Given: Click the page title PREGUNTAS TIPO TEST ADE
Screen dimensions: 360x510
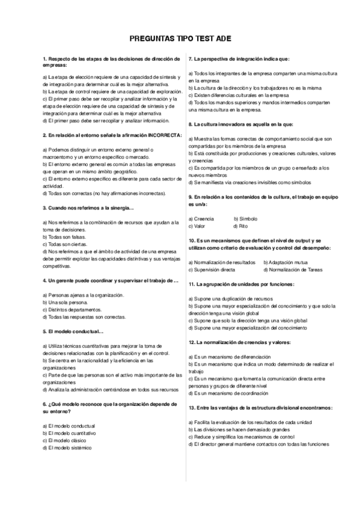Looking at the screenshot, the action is [x=180, y=39].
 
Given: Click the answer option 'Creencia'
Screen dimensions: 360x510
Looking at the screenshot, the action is [x=203, y=219].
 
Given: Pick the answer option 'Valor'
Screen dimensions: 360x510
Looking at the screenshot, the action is [x=198, y=226].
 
